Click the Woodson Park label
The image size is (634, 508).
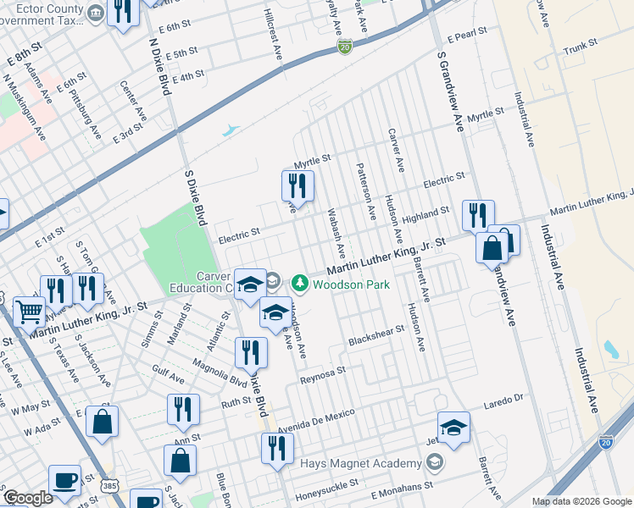pyautogui.click(x=351, y=284)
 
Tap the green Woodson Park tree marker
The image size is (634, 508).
pyautogui.click(x=299, y=283)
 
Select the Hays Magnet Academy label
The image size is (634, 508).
pyautogui.click(x=361, y=463)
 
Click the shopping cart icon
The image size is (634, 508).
pyautogui.click(x=29, y=311)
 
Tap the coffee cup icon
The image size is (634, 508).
pyautogui.click(x=65, y=480)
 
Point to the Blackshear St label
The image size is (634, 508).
pyautogui.click(x=377, y=336)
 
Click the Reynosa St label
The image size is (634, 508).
pyautogui.click(x=324, y=376)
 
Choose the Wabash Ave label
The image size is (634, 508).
pyautogui.click(x=336, y=235)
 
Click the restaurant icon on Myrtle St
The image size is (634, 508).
pyautogui.click(x=298, y=185)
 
